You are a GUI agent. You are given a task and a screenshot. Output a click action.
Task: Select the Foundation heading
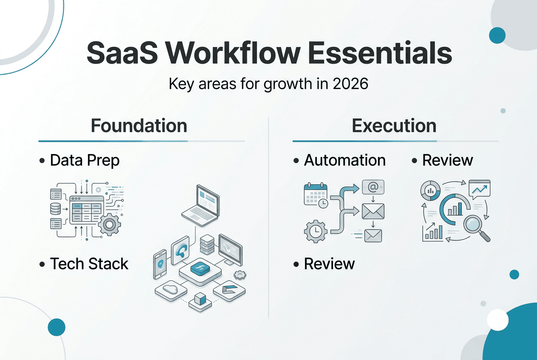pyautogui.click(x=139, y=126)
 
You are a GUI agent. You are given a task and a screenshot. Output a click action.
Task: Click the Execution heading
pyautogui.click(x=394, y=126)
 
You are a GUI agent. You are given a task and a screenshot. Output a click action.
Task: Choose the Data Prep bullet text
pyautogui.click(x=85, y=160)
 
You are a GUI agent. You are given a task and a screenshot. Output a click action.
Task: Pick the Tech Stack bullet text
pyautogui.click(x=89, y=264)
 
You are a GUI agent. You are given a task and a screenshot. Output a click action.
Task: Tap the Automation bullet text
pyautogui.click(x=345, y=160)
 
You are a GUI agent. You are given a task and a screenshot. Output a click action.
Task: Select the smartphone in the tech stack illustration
pyautogui.click(x=161, y=264)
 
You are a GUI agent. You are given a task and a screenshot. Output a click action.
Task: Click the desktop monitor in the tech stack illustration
pyautogui.click(x=230, y=249)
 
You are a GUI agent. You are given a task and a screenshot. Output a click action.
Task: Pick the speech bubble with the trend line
pyautogui.click(x=479, y=188)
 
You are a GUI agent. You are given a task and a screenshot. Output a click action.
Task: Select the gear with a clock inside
pyautogui.click(x=315, y=231)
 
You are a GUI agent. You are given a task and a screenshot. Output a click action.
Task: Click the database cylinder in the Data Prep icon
pyautogui.click(x=56, y=208)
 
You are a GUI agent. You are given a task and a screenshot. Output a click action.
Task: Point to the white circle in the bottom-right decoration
pyautogui.click(x=497, y=320)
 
